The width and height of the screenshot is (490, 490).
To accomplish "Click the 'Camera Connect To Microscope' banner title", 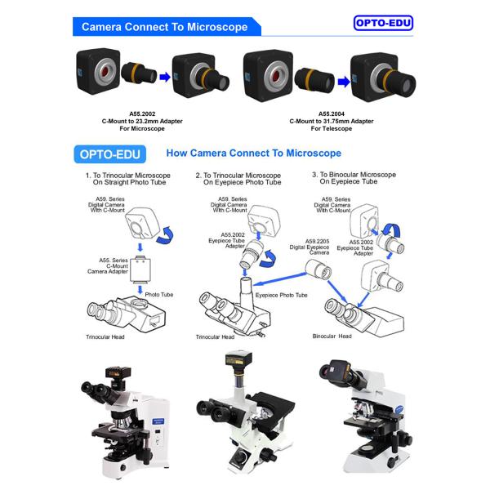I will coord(164,27).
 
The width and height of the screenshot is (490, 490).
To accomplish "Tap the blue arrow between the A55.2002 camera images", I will coord(164,78).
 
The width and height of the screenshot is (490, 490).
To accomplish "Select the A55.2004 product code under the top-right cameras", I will coord(332,114).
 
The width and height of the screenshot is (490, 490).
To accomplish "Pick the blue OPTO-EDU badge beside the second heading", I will coord(109,154).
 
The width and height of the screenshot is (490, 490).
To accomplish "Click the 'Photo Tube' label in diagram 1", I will coord(159,294).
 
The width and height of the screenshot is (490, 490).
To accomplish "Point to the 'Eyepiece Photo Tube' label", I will coord(281,295).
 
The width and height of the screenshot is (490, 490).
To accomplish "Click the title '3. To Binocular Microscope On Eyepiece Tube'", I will coord(354,179).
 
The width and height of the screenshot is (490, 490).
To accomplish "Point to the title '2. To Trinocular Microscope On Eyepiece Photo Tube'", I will coord(239,180).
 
